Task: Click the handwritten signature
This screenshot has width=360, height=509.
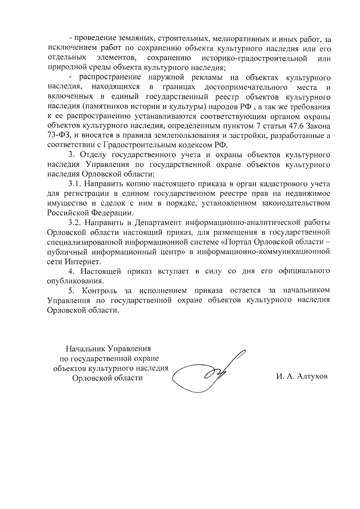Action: click(207, 373)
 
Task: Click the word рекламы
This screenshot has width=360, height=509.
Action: click(207, 78)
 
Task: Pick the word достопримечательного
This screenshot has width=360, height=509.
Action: click(244, 88)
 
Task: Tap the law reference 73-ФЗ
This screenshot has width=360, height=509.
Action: click(59, 136)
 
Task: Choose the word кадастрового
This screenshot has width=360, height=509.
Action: click(291, 184)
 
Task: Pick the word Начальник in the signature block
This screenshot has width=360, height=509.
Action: click(84, 349)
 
